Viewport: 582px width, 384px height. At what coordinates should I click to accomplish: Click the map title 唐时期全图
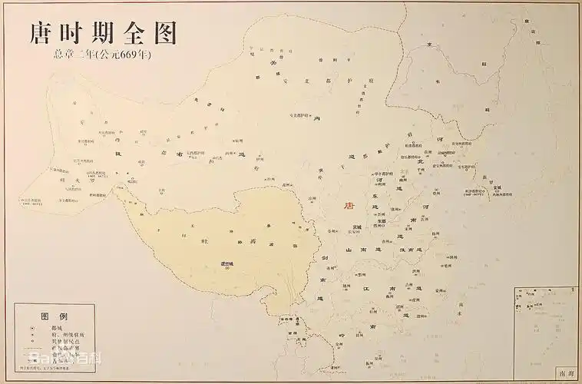point(103,33)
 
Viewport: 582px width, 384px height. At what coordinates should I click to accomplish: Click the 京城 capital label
point(357,227)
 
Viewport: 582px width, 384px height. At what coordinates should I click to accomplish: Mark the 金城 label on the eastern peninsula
point(497,187)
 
